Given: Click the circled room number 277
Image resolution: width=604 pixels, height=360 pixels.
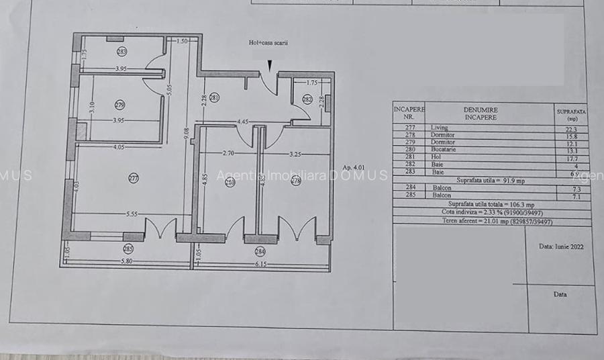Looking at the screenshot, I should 133,178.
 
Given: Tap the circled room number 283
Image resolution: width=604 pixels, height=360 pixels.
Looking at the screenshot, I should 121,51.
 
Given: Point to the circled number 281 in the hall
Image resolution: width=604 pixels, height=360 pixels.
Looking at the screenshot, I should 214,98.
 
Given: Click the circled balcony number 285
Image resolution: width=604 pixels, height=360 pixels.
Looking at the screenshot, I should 128,249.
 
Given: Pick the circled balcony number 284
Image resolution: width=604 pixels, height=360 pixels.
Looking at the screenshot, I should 260,252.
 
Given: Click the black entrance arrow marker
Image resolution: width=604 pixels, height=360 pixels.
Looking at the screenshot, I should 270,64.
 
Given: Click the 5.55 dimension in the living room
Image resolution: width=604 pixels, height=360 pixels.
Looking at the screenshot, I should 132,214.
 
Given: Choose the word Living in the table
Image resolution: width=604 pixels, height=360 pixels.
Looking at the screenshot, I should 439,127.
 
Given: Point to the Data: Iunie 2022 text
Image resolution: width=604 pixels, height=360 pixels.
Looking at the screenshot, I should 561,246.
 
